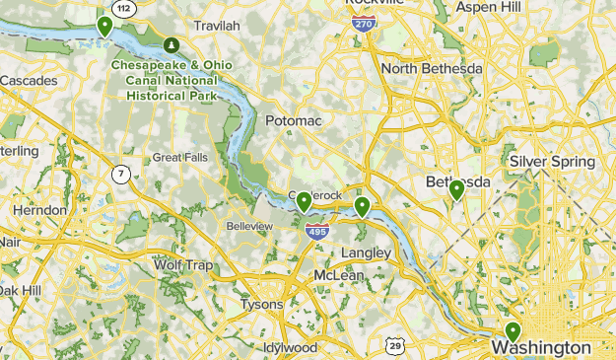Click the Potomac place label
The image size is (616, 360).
(x=293, y=120)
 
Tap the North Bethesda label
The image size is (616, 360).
(x=432, y=68)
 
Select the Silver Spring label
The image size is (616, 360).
(x=552, y=161)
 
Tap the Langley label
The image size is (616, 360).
(x=366, y=252)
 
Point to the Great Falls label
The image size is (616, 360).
(x=180, y=158)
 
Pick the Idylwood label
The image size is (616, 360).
(x=291, y=347)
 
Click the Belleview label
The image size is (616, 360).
(x=249, y=226)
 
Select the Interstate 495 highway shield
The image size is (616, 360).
(x=316, y=233)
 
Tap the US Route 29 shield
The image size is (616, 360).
(x=394, y=344)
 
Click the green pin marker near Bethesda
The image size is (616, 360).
(x=456, y=189)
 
